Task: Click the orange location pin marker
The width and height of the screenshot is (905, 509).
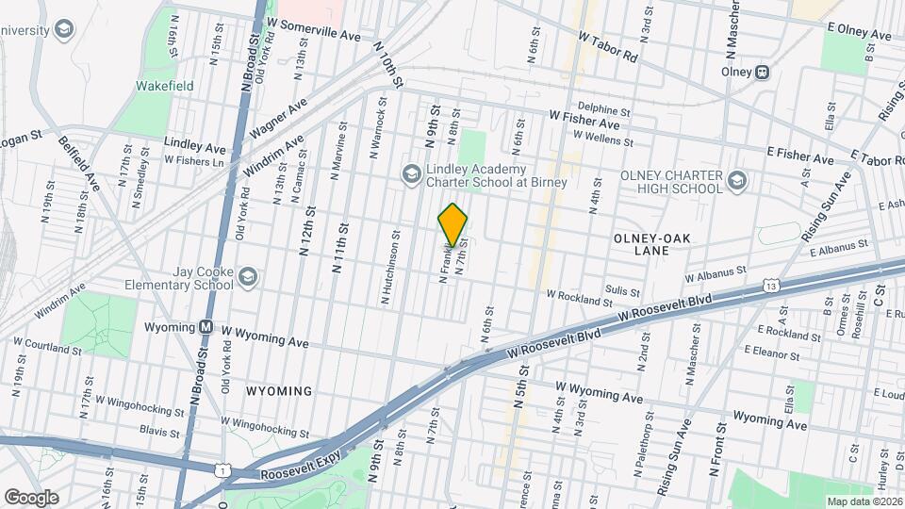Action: (453, 225)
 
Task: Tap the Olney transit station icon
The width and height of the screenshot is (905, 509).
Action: (762, 73)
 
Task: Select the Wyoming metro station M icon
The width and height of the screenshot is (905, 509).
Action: (205, 327)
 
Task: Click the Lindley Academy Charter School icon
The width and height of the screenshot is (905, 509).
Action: (411, 173)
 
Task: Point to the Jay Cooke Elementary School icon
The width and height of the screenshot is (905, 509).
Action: (247, 276)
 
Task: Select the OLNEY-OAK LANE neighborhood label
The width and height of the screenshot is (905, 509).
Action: (654, 245)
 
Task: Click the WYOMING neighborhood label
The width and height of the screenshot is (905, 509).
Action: (279, 390)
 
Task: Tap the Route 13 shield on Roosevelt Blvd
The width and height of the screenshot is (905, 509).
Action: (772, 285)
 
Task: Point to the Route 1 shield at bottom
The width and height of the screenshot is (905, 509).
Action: (223, 469)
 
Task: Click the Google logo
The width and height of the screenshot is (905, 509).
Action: (31, 497)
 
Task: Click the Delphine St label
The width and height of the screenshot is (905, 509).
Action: (603, 110)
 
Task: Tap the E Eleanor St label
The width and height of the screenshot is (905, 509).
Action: (770, 356)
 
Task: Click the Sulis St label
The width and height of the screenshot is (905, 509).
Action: (623, 293)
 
